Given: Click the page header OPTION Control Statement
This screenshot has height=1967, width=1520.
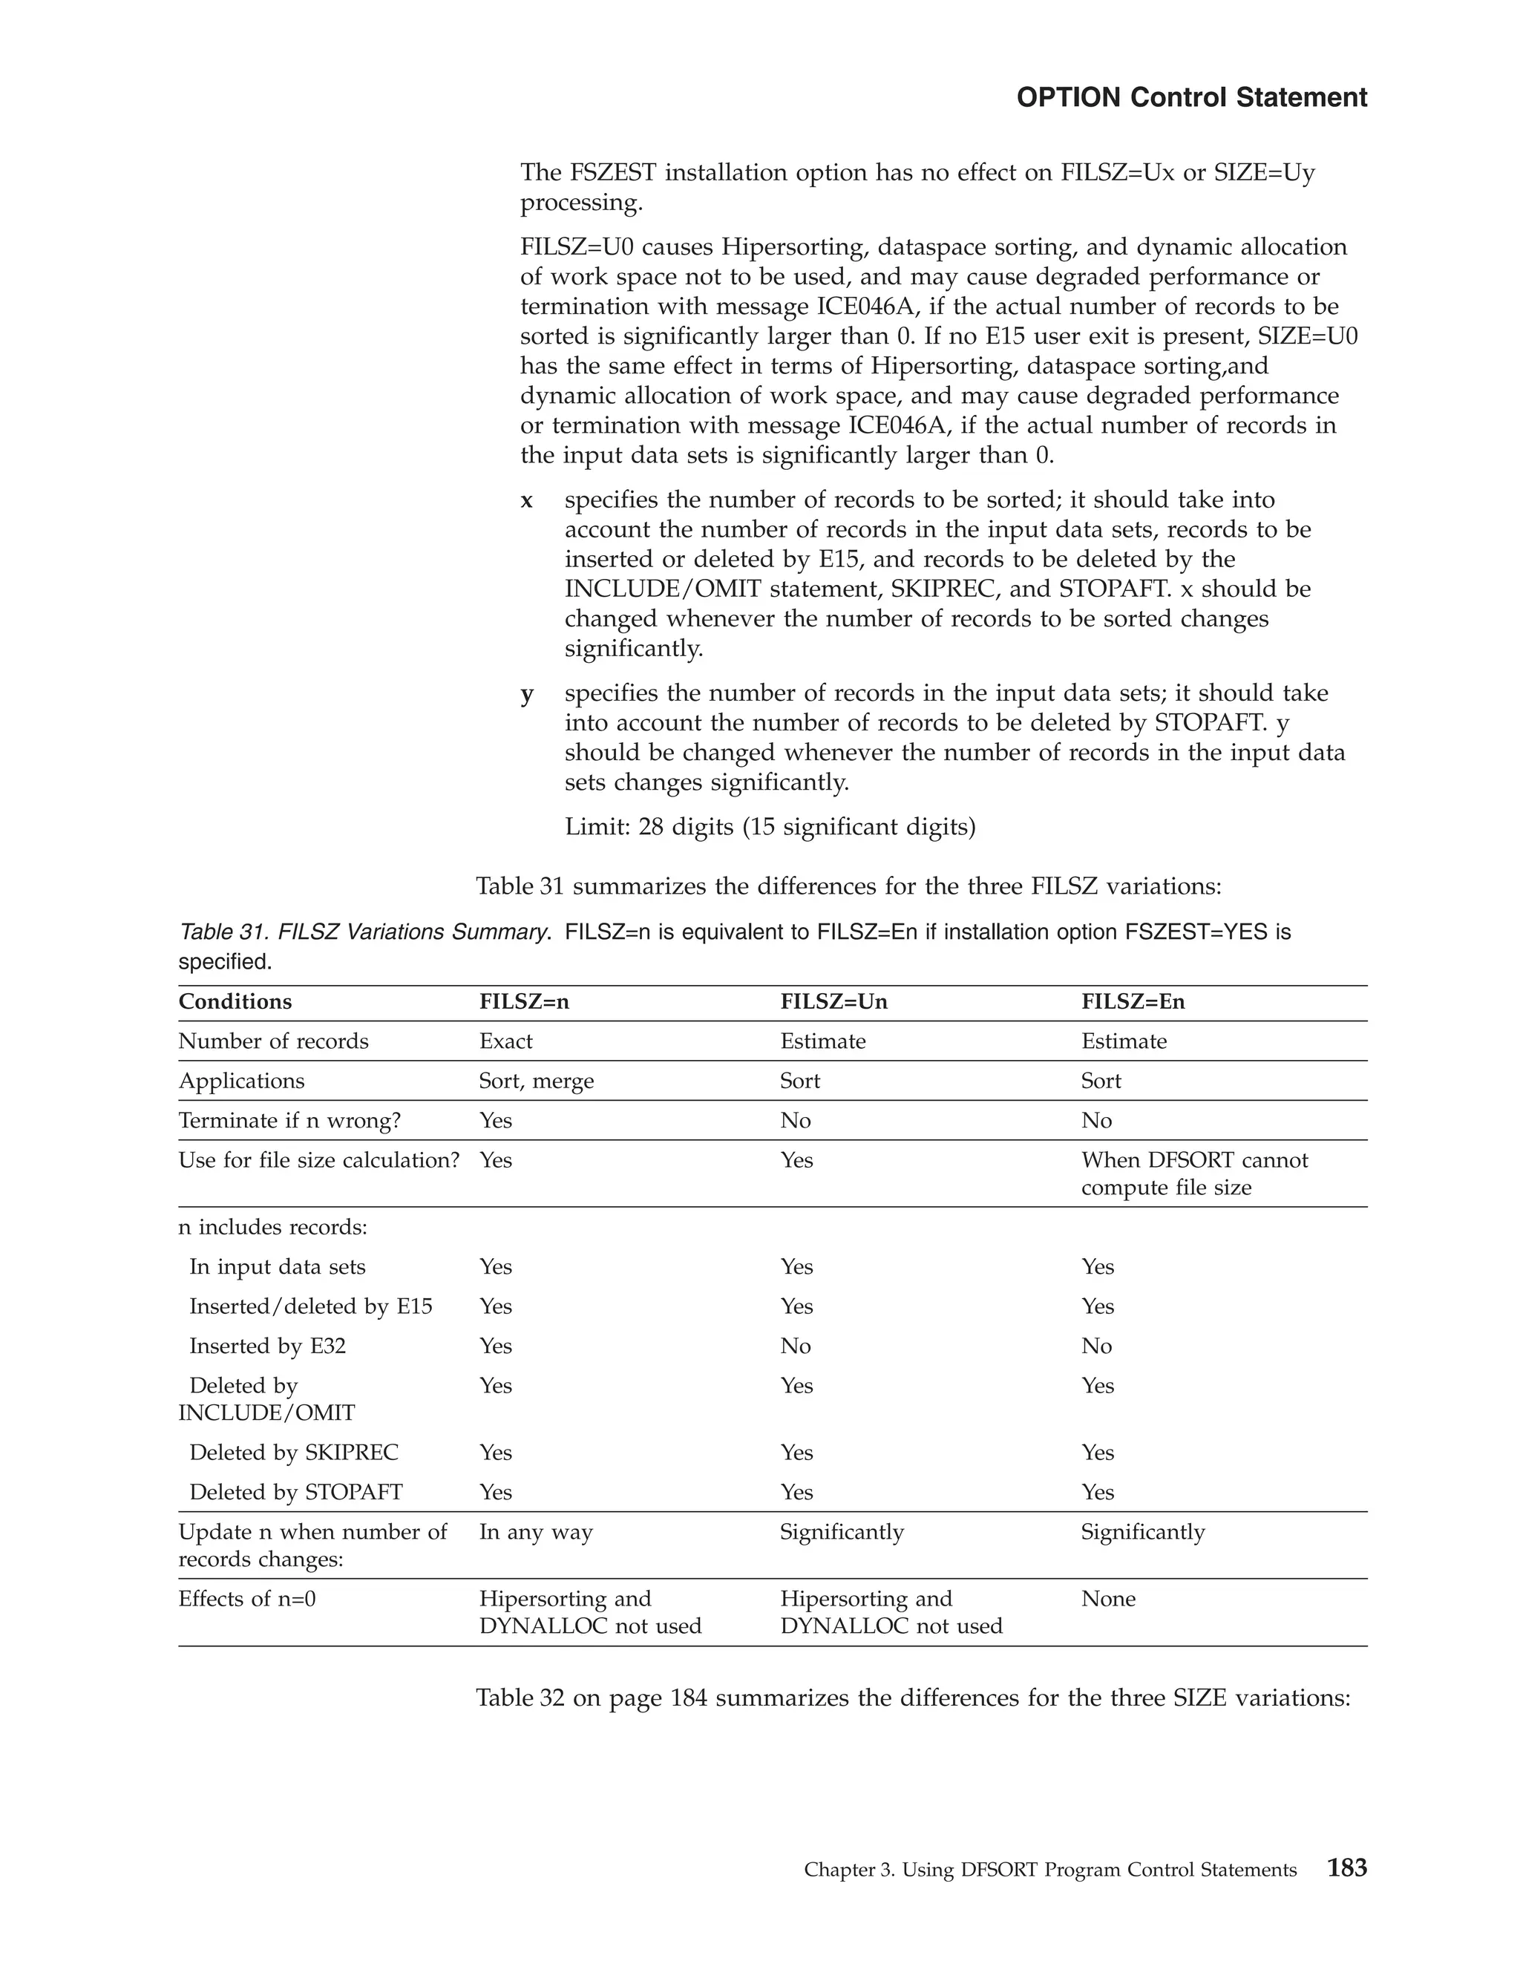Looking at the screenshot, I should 1191,97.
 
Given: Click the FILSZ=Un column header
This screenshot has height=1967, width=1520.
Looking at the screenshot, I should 833,1001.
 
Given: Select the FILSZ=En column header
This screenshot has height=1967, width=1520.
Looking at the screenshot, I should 1133,1001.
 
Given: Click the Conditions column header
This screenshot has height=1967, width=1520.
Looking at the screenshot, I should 235,1001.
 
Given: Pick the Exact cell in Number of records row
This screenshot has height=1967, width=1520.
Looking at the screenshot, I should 505,1041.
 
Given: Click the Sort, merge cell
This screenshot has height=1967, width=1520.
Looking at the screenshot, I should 536,1081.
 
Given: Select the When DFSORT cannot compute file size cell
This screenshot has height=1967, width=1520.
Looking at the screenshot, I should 1194,1174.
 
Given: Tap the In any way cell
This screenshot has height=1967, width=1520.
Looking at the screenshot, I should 536,1532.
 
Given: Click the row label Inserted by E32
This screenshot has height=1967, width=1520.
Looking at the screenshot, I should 267,1346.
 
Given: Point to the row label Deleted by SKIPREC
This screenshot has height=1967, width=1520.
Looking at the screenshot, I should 294,1452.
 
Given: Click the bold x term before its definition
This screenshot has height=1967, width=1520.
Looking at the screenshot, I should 527,500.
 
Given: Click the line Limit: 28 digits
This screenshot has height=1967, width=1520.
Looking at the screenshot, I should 770,827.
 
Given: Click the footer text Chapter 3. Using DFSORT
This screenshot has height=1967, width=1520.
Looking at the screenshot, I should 1050,1870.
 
